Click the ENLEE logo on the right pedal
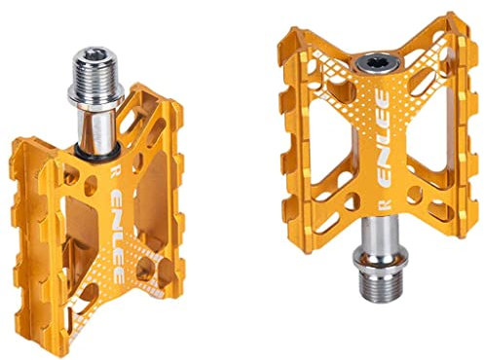coord(384,139)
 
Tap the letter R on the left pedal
coord(114,171)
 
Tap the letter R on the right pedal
coord(385,204)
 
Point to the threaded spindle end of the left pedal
coord(96,73)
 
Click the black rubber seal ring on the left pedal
coord(96,153)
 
